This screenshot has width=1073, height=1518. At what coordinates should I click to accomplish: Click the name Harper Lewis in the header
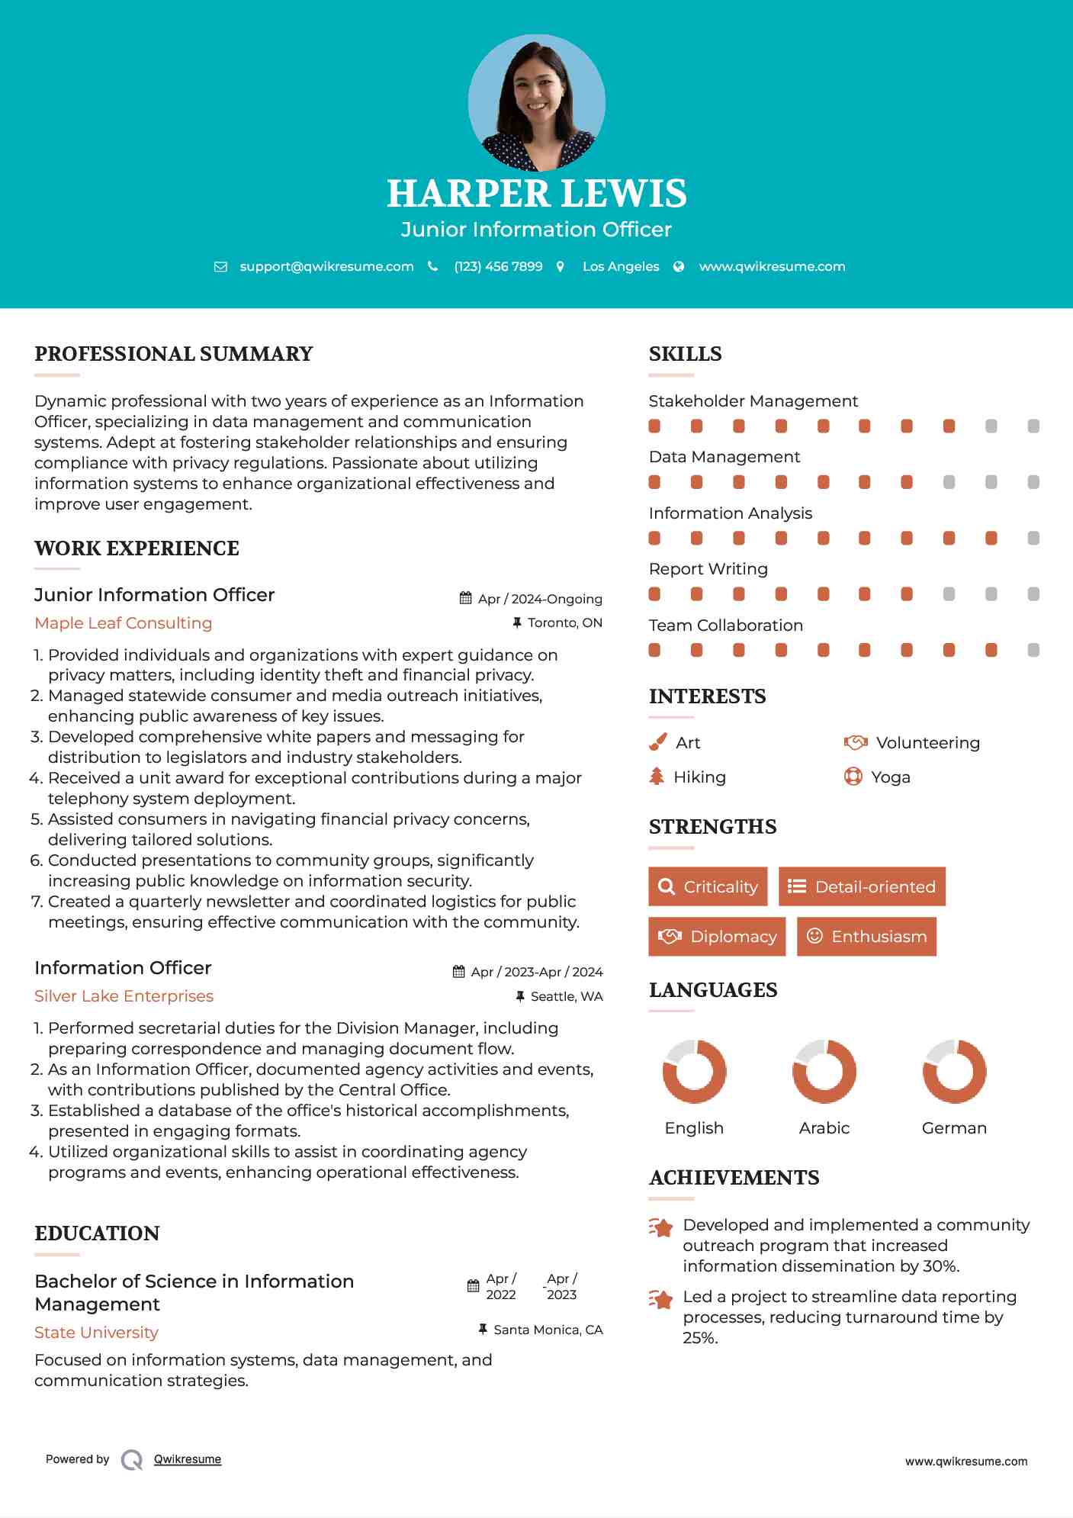point(536,194)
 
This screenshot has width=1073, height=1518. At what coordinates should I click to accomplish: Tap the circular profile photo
point(536,102)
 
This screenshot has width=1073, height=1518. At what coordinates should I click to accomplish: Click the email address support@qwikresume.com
point(326,266)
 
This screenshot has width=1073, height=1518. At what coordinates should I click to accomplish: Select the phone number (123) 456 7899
point(498,266)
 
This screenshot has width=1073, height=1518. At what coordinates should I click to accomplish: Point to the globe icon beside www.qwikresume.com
point(679,266)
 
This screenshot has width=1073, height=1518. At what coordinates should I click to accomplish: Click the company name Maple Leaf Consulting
point(124,623)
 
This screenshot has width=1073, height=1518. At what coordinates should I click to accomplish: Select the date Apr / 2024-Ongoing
point(540,599)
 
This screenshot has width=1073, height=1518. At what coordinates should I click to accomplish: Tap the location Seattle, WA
point(566,996)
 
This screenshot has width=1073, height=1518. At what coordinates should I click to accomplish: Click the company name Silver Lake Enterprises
point(124,996)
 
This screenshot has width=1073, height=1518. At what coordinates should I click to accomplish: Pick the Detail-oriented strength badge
point(862,886)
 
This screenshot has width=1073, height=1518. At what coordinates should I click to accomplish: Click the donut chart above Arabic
point(824,1071)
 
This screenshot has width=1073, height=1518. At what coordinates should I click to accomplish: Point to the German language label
point(954,1127)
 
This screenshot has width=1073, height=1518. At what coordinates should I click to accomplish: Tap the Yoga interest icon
point(853,777)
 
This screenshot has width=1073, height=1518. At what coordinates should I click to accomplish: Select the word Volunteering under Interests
point(927,742)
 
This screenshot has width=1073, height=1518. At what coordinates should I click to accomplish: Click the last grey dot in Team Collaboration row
point(1033,650)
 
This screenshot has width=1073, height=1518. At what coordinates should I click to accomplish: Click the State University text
point(96,1333)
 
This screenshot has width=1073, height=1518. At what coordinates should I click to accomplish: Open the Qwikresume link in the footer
point(188,1459)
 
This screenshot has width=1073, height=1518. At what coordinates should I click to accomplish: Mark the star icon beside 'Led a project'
point(661,1299)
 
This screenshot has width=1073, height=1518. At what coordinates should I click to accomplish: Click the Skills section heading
point(685,354)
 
